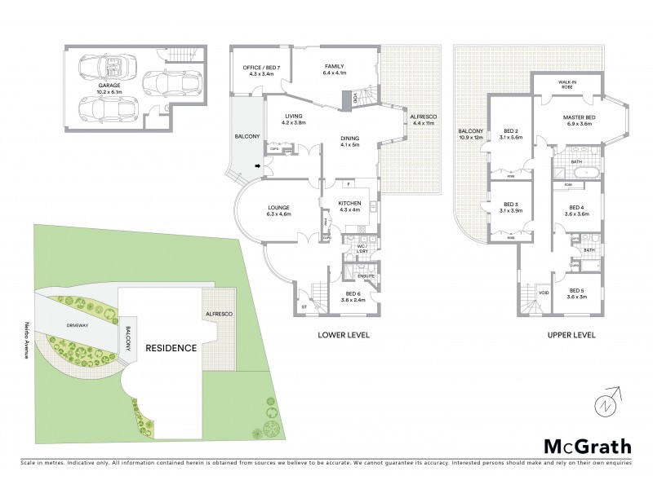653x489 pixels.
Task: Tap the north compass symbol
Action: click(x=604, y=403)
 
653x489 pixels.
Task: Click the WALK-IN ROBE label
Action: click(x=568, y=84)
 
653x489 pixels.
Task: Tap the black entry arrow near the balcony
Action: click(x=259, y=166)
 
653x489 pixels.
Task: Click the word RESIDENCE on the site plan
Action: click(x=171, y=348)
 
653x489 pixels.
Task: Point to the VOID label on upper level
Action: click(x=544, y=293)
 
